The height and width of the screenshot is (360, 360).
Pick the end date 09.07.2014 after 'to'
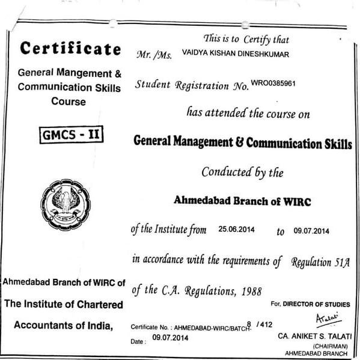313,230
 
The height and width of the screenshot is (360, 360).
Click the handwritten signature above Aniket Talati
328,317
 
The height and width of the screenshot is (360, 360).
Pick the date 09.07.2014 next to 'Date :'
170,338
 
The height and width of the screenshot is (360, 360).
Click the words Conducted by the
242,172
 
